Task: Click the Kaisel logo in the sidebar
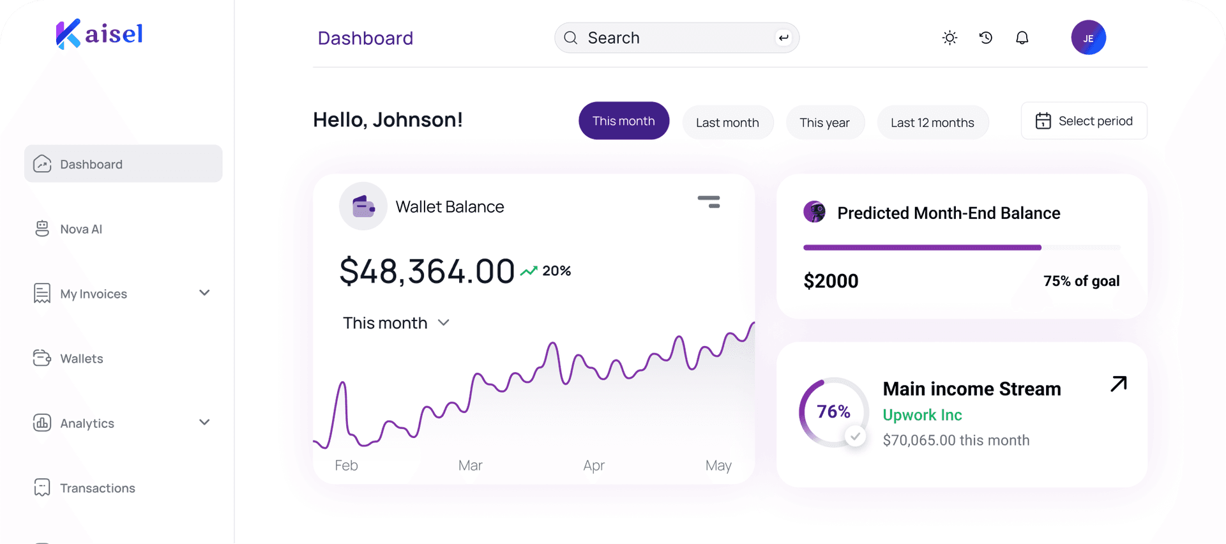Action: pos(100,34)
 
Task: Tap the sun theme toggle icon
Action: pos(950,38)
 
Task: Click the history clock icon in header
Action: pos(986,38)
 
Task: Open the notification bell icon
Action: pos(1022,38)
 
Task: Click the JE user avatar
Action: pos(1088,38)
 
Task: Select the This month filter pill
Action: pos(623,121)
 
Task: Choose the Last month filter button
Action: pos(727,123)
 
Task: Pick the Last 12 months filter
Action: pos(932,123)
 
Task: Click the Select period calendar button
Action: pos(1084,121)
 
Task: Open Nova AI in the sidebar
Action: pos(81,229)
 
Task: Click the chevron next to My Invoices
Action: pos(204,293)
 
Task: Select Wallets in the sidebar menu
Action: pos(81,359)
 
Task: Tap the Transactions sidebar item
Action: pos(97,488)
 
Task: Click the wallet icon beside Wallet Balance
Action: pos(363,206)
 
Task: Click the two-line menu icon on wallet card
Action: pos(709,202)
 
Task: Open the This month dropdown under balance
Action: pos(396,323)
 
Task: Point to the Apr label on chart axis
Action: pos(594,465)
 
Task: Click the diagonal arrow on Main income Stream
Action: pos(1119,384)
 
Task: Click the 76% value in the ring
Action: pos(833,412)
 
